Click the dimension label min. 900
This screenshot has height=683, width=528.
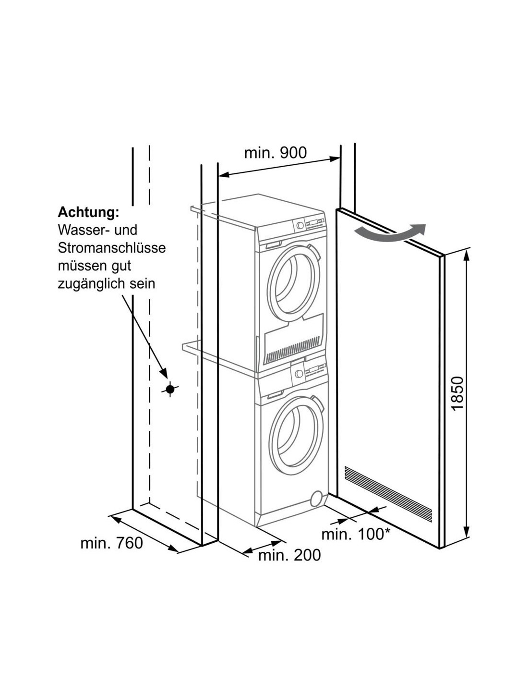[x=275, y=153]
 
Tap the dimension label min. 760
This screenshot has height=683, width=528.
[x=111, y=543]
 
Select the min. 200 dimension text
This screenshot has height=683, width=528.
[x=289, y=555]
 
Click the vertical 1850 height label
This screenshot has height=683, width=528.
[x=458, y=392]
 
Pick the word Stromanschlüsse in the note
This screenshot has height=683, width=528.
[x=111, y=248]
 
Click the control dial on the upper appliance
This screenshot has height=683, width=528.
[x=300, y=225]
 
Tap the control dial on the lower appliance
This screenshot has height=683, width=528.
[x=300, y=373]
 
